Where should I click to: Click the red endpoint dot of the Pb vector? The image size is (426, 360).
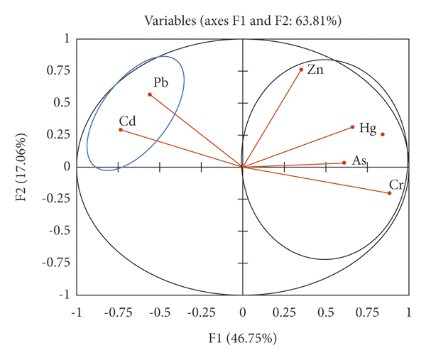149,94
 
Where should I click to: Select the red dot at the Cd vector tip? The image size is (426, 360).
120,130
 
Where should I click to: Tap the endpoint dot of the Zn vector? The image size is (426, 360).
301,70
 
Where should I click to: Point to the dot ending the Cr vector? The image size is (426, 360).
390,193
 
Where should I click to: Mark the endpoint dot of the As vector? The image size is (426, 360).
344,163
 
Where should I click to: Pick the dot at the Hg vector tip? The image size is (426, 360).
352,128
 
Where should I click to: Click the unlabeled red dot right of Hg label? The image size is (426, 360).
383,134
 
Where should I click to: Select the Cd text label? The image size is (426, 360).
127,120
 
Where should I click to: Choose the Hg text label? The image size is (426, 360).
367,128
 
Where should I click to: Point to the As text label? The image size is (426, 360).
359,161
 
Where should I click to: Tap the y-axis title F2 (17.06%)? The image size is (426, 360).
21,167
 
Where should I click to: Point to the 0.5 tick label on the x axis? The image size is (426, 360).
325,313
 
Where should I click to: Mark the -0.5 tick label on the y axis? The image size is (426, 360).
57,231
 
